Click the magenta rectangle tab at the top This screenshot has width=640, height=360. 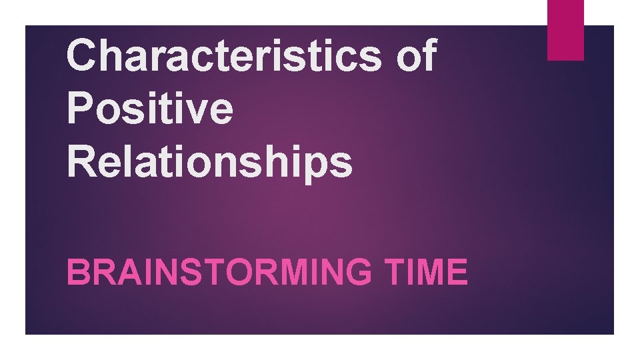[565, 29]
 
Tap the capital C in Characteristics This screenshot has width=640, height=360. [83, 55]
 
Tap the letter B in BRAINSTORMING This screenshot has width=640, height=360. [77, 273]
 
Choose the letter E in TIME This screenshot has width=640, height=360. [457, 273]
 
